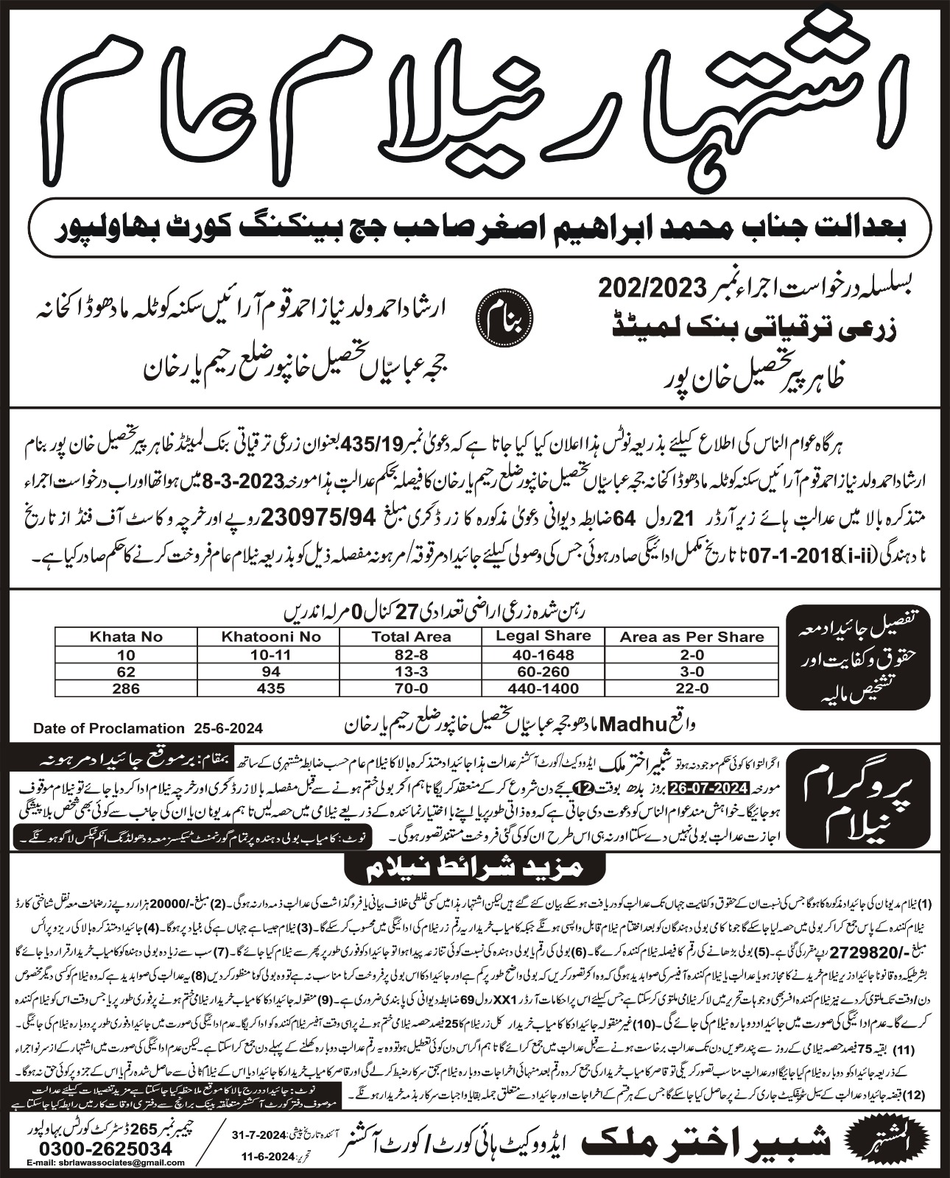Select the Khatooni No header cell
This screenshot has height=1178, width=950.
[270, 636]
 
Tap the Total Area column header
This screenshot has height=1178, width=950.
[410, 636]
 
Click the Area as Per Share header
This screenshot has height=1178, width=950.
[692, 636]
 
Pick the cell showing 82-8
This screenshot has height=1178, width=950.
[410, 654]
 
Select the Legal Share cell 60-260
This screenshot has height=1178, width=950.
[543, 671]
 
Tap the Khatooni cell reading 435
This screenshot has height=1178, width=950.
[270, 688]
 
